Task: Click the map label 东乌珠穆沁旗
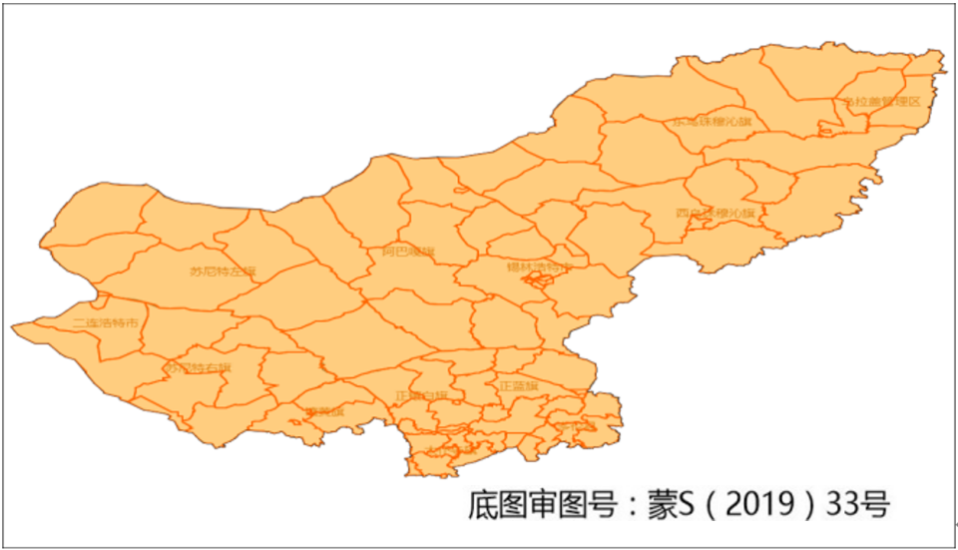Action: tap(712, 122)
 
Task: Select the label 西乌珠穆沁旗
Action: tap(715, 214)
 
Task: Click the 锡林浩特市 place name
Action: tap(540, 268)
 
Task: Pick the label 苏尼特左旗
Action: tap(223, 271)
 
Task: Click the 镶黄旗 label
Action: tap(324, 410)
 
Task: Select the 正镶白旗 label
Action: tap(421, 395)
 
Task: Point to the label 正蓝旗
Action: tap(518, 385)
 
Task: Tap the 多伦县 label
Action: tap(576, 426)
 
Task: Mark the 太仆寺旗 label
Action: tap(451, 450)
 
